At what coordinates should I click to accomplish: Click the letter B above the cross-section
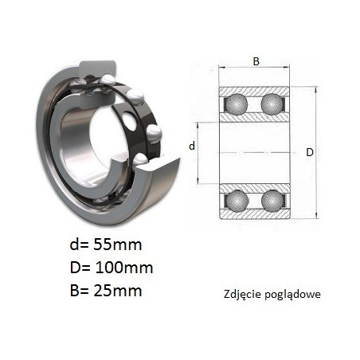pyautogui.click(x=256, y=61)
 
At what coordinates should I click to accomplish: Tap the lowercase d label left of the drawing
pyautogui.click(x=192, y=146)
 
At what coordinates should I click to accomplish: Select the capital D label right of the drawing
pyautogui.click(x=310, y=152)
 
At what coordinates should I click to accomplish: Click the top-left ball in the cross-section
pyautogui.click(x=237, y=104)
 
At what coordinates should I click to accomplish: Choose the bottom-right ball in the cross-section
pyautogui.click(x=272, y=201)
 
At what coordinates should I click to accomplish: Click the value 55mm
pyautogui.click(x=118, y=245)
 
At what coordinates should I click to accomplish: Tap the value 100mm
pyautogui.click(x=124, y=268)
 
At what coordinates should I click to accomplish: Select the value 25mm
pyautogui.click(x=118, y=291)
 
